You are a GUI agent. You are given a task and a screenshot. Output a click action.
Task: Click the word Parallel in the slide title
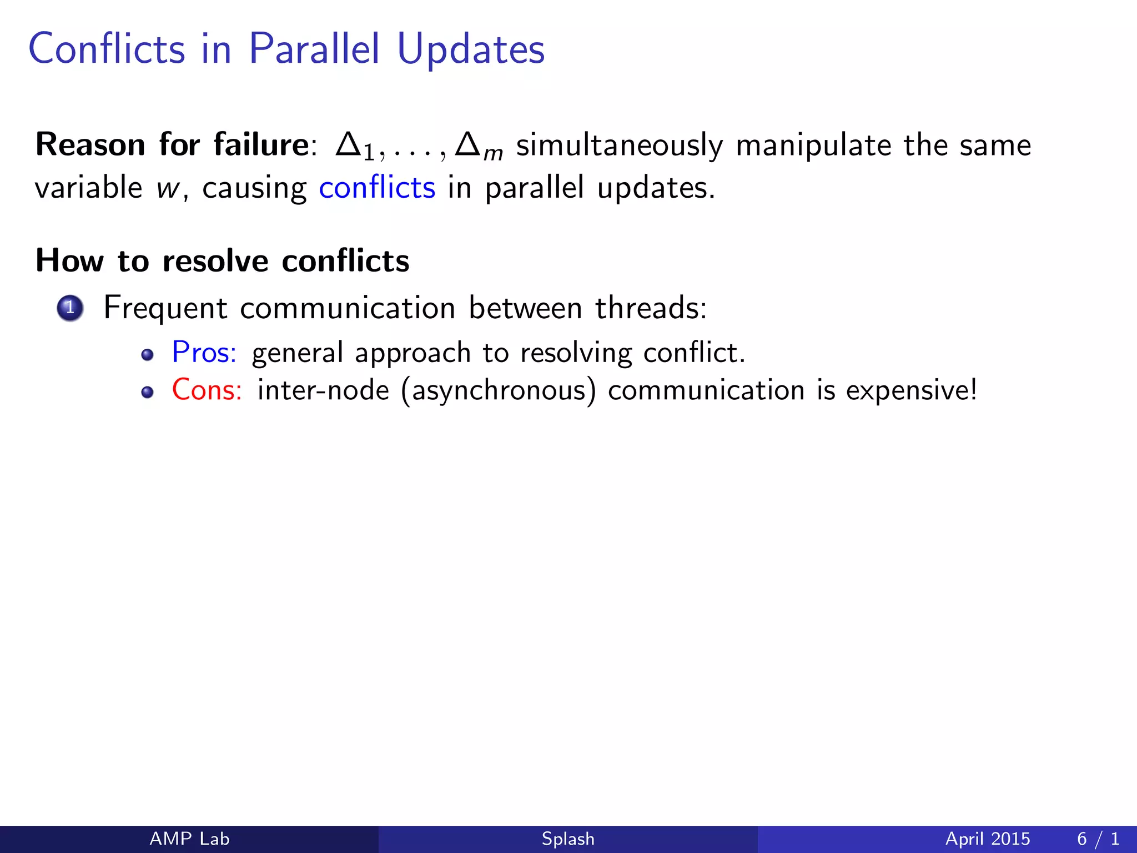314,49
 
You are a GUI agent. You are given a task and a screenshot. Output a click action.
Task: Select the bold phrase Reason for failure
172,145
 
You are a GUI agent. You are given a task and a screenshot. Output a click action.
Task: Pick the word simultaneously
620,146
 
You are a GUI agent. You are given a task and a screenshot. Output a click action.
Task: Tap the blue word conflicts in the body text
377,188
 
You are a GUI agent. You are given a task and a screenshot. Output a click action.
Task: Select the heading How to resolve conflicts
222,260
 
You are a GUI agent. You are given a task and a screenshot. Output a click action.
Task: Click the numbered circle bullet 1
70,308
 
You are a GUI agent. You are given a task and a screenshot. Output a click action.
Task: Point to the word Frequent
165,308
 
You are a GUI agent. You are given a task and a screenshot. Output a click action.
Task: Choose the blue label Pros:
204,353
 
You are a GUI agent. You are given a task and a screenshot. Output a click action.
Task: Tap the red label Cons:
207,390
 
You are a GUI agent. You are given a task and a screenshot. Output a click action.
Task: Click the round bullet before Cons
147,393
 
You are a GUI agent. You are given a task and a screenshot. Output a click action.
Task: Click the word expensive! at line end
911,390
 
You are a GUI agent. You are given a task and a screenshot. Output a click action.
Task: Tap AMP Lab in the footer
189,839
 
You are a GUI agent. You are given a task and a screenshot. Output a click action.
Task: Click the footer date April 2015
987,839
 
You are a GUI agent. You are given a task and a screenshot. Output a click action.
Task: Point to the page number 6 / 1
1098,839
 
